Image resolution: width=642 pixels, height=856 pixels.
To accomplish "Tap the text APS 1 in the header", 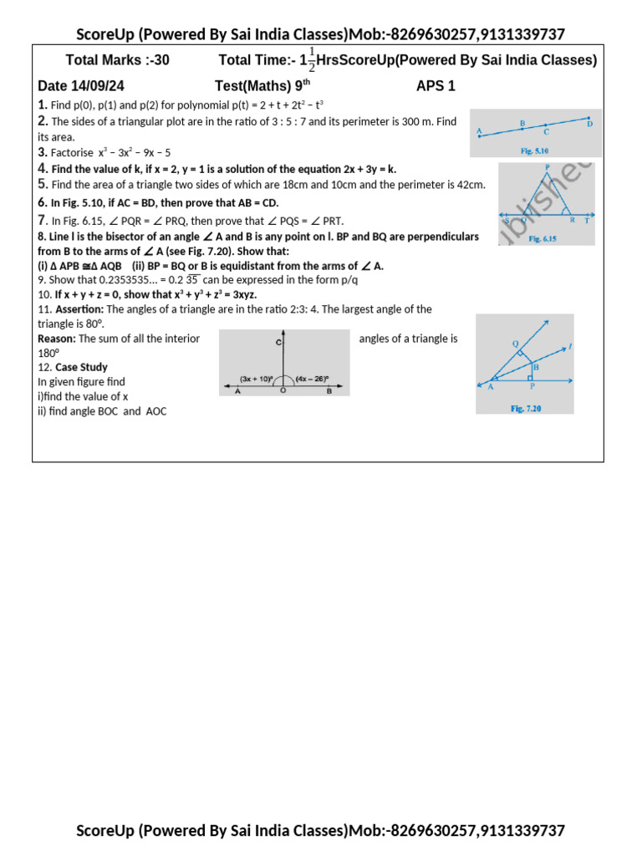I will [x=436, y=86].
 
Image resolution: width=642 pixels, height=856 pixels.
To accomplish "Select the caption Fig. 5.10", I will [x=535, y=151].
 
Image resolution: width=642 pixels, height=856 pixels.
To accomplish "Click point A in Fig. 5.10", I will [x=480, y=131].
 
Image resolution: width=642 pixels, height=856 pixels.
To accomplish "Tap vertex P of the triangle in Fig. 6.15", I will [x=547, y=167].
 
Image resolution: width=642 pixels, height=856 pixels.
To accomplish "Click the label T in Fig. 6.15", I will [x=586, y=220].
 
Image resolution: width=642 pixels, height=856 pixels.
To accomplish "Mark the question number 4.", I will [x=42, y=169].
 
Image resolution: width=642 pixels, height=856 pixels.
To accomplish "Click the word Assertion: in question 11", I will [x=79, y=309].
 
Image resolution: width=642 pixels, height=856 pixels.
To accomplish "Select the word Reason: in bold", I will [x=57, y=339].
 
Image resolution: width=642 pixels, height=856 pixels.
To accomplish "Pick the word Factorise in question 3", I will [x=71, y=153].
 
